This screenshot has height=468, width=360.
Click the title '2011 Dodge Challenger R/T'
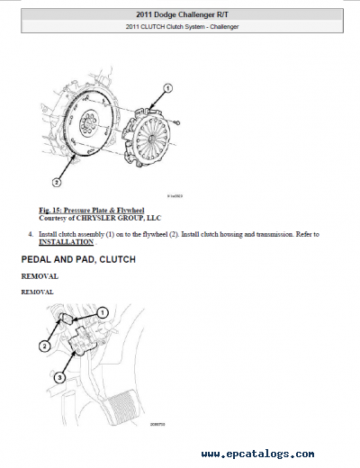click(x=180, y=14)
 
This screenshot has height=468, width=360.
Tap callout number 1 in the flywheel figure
click(x=167, y=88)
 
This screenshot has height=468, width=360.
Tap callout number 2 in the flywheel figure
click(x=56, y=181)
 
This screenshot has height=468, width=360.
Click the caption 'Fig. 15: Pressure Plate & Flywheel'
click(x=85, y=211)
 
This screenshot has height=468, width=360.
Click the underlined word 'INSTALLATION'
click(x=66, y=243)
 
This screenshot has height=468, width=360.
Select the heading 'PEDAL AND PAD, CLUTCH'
click(x=77, y=260)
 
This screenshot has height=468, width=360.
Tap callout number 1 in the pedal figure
click(x=103, y=312)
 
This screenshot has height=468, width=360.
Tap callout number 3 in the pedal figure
click(x=58, y=378)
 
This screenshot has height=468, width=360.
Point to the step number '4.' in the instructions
click(x=31, y=235)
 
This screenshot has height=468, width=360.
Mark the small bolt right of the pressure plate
click(x=180, y=122)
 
